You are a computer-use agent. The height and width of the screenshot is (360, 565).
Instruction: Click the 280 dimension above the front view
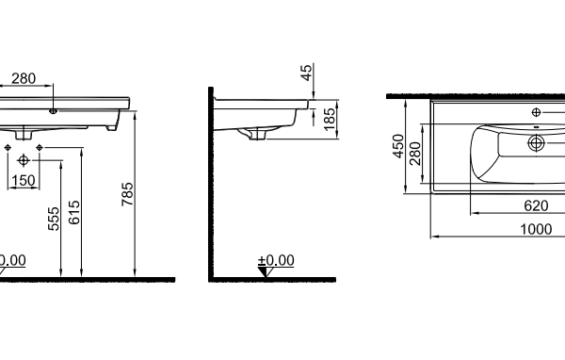pos(24,78)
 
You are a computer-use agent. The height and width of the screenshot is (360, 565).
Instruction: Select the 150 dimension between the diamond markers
pos(24,180)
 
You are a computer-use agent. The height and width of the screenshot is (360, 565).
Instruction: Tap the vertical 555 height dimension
pos(54,219)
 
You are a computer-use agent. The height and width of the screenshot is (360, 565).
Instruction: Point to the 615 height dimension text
pos(74,212)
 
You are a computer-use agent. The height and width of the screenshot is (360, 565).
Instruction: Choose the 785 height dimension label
pos(127,194)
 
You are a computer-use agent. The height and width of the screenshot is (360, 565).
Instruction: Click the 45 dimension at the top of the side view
pos(306,73)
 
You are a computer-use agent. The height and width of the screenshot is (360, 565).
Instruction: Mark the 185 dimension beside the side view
pos(330,120)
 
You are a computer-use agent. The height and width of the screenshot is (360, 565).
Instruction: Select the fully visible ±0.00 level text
pos(276,260)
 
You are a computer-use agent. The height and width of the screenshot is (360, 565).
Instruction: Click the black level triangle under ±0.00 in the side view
pos(265,271)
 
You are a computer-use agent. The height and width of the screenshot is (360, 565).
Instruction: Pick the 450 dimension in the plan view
pos(398,146)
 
